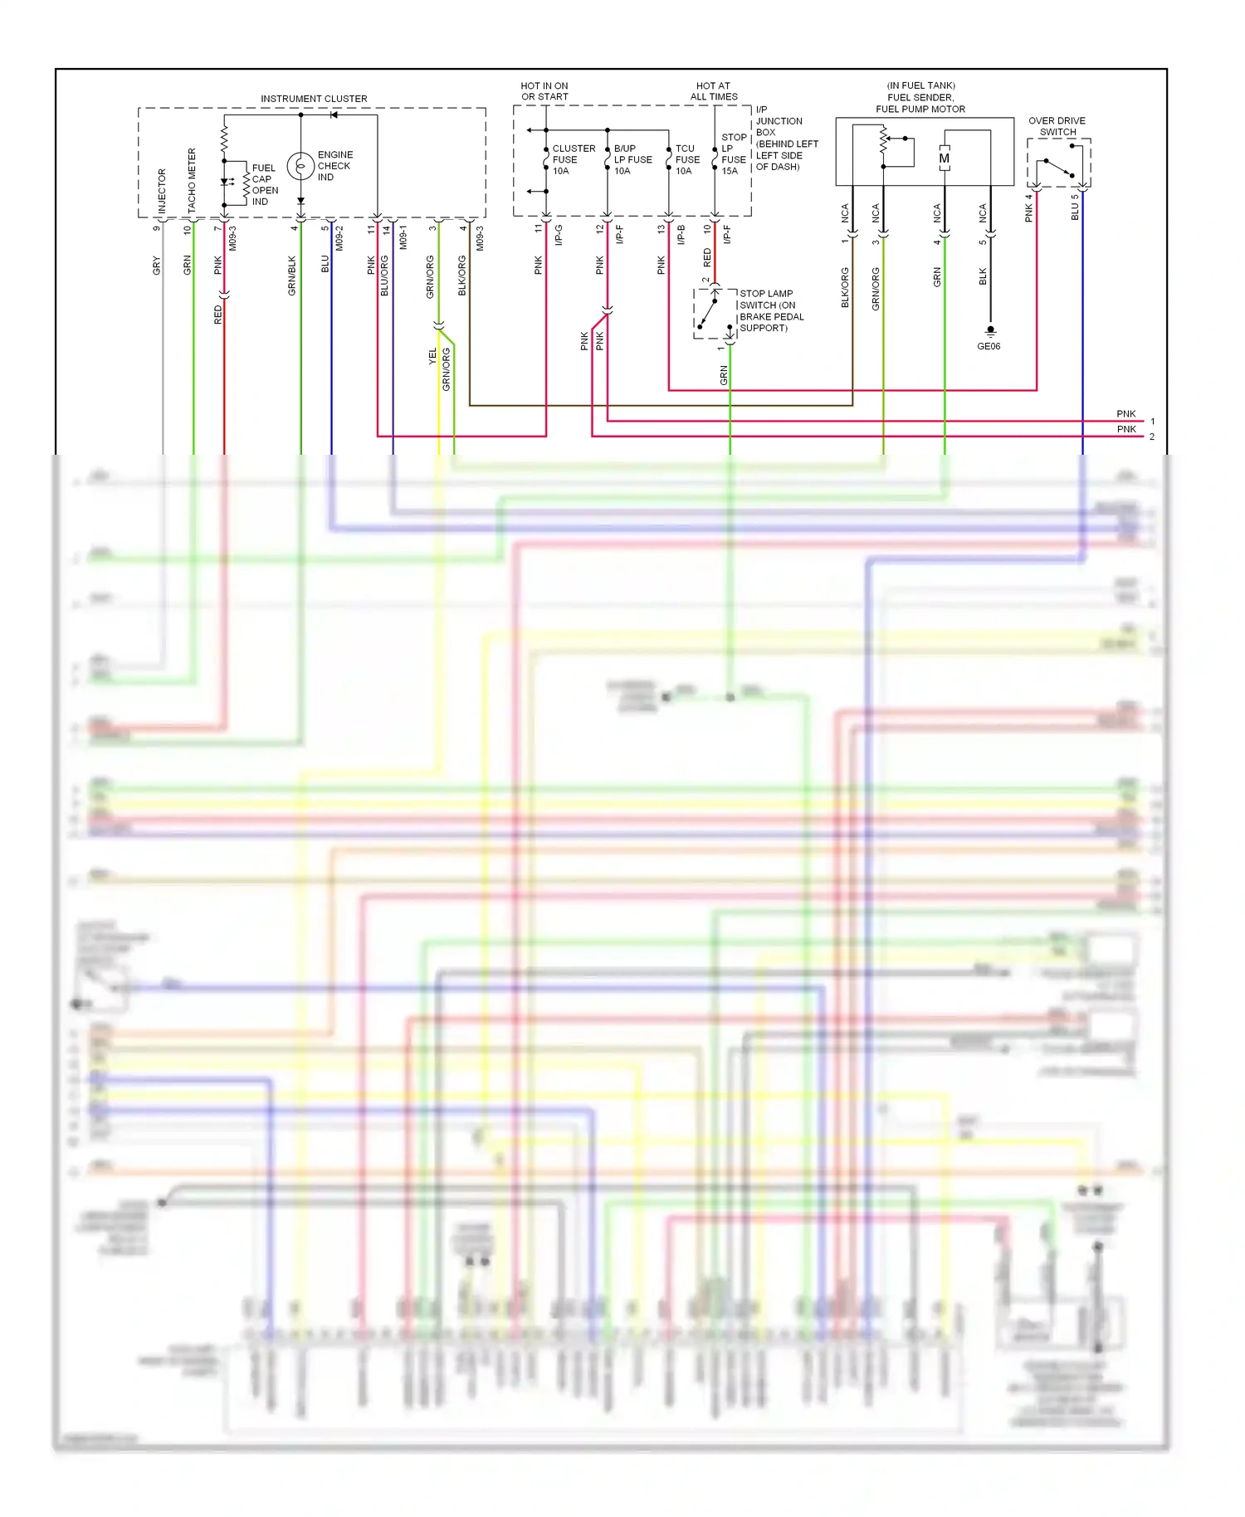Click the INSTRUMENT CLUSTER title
pos(314,99)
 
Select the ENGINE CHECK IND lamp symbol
pos(300,166)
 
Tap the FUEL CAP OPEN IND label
pos(264,184)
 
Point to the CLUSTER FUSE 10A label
pos(572,159)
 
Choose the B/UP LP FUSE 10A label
pos(632,159)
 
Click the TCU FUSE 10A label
pos(686,159)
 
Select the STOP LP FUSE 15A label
pos(733,154)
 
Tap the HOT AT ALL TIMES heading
pos(713,91)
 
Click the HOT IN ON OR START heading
pos(544,91)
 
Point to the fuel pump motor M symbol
pos(944,159)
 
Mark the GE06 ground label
pos(989,346)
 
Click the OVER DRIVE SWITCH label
pos(1057,126)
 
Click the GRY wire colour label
pos(156,266)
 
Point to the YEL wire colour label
pos(432,356)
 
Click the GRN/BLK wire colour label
pos(291,276)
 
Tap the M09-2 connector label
pos(339,237)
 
